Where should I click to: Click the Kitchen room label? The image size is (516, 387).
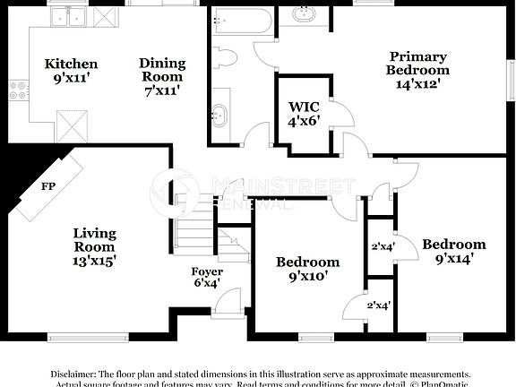point(72,64)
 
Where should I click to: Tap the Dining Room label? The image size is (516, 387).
point(162,64)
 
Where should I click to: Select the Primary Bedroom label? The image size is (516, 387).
point(417,57)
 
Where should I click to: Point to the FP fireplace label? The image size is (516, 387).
point(47,187)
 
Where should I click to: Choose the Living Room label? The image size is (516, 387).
point(94,234)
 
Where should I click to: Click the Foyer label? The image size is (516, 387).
point(207,271)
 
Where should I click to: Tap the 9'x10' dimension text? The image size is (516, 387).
point(307,277)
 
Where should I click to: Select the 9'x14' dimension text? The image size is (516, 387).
point(454,258)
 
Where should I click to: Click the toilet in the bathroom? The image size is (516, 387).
point(225,58)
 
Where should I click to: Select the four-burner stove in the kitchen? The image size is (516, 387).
point(16,89)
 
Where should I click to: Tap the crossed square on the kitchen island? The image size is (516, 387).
point(70,120)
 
